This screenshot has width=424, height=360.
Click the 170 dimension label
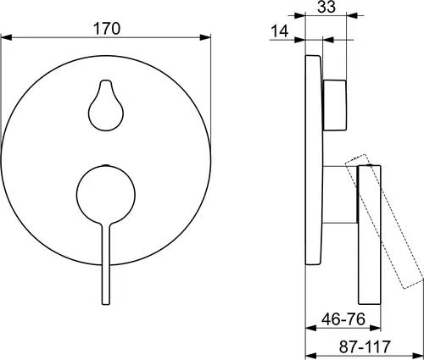(x=107, y=29)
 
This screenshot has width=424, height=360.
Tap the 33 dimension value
(x=326, y=7)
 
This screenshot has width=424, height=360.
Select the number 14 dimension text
(x=280, y=31)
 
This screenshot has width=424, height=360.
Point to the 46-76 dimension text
(x=343, y=319)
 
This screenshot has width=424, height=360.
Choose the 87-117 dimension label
(x=365, y=346)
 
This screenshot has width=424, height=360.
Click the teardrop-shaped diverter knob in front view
(x=106, y=105)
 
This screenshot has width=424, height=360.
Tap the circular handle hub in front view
(x=106, y=194)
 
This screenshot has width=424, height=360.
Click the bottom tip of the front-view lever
(x=106, y=304)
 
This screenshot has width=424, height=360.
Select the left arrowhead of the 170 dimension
(x=6, y=37)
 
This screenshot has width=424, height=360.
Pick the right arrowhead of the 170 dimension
(x=205, y=37)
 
